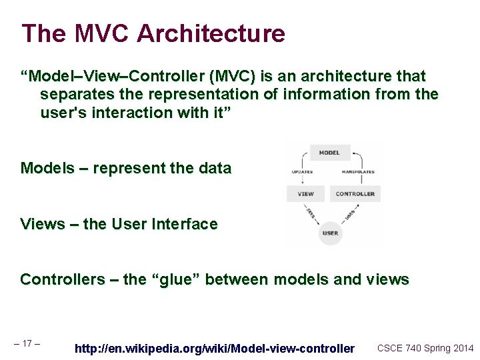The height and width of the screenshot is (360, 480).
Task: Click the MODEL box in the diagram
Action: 329,153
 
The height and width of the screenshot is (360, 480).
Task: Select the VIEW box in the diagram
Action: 305,194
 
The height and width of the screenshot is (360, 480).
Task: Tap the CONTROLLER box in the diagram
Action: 355,194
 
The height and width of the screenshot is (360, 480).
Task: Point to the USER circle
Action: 330,233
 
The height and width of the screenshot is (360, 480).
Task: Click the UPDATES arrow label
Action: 302,172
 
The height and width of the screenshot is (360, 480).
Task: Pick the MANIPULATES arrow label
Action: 358,172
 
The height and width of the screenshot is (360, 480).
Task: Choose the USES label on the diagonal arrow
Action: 348,214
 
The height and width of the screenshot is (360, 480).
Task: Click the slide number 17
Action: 27,344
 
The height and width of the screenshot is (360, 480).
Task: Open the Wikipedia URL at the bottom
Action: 215,348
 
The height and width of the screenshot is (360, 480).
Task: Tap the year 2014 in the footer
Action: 461,348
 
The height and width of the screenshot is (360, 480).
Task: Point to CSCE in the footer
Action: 390,348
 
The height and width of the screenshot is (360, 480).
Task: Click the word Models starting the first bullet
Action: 47,168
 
